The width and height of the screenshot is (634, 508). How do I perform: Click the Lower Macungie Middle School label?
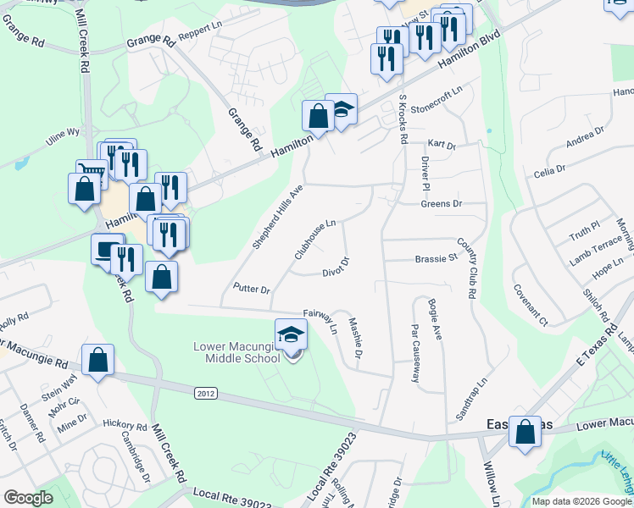[x=236, y=352]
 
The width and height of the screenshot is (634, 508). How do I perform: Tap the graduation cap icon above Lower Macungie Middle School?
[x=291, y=334]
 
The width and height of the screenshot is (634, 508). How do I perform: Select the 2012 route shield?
[x=205, y=393]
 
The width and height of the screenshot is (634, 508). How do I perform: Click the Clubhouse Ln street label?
[x=315, y=240]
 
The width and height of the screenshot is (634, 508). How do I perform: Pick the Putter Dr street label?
[x=252, y=290]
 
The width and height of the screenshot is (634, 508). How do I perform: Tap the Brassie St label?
[x=436, y=259]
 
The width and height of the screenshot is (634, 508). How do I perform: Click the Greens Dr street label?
[x=441, y=204]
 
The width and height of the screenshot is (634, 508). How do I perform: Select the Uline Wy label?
[x=62, y=132]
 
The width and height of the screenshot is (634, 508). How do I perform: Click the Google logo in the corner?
[x=28, y=498]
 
